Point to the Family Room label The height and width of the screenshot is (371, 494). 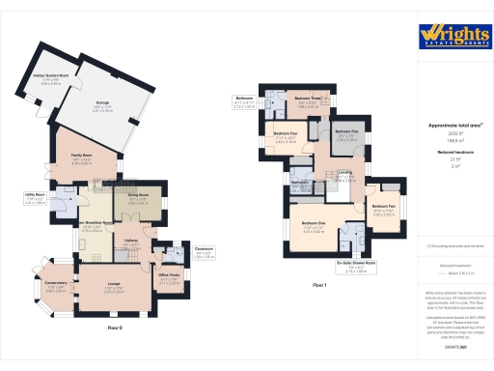coord(80,154)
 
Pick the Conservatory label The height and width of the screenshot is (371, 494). coord(57,283)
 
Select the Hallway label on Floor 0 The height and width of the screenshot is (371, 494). coord(132,242)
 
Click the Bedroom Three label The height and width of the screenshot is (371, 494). coord(308,100)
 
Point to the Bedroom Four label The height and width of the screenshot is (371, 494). coord(286,134)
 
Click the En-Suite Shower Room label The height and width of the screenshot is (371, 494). coord(357,263)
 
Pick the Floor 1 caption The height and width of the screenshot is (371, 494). coord(320,285)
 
